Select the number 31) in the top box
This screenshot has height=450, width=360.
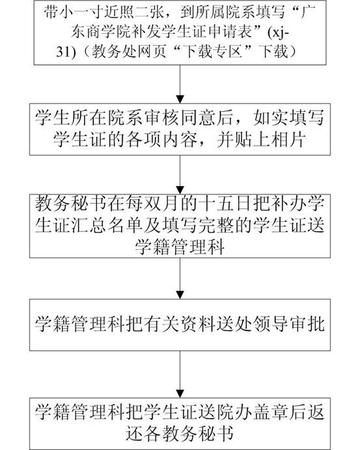click(66, 52)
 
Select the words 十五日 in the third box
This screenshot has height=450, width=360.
click(225, 204)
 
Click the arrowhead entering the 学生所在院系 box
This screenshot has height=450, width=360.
click(180, 99)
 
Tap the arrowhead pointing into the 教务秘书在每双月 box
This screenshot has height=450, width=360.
click(180, 190)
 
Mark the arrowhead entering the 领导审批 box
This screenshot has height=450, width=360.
click(180, 295)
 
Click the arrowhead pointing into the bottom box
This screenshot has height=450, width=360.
click(180, 393)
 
